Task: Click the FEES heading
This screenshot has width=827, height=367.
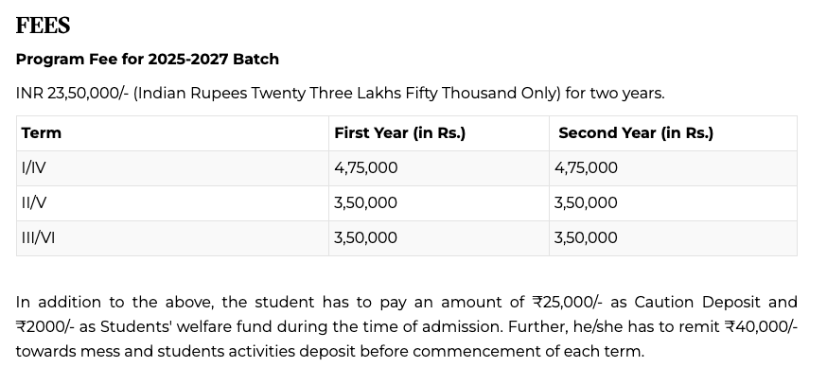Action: (43, 25)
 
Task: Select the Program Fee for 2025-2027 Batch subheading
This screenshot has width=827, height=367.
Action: (147, 59)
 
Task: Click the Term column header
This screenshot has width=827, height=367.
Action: (41, 133)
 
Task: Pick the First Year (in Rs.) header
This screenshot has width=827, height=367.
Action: (399, 133)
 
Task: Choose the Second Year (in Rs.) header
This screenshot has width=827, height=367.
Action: (635, 133)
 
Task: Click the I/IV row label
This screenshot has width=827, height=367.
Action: (33, 168)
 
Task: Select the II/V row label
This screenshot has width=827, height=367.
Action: (34, 203)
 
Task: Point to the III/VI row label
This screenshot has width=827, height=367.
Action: (38, 238)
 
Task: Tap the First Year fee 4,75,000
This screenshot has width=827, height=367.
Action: (365, 168)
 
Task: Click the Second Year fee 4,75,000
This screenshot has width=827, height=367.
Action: (586, 168)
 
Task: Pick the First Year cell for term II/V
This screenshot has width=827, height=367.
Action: (365, 203)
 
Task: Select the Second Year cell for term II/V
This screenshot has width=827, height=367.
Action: (586, 203)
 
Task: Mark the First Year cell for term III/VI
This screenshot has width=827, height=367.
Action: (365, 238)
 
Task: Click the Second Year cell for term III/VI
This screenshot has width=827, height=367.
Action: (586, 238)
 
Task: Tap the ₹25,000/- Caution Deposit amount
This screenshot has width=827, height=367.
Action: (566, 303)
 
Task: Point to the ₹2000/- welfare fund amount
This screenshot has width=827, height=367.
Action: (42, 327)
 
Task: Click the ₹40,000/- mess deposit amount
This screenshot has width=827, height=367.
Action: (760, 327)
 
